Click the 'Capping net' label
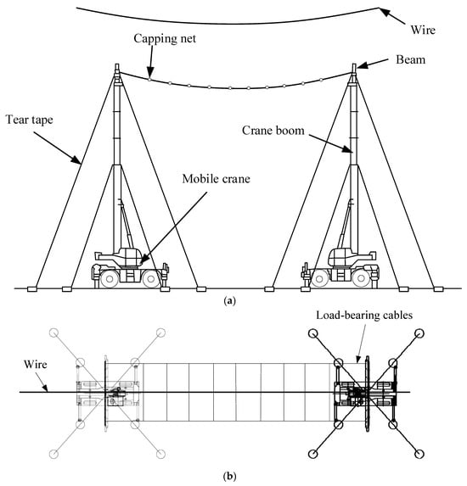(165, 39)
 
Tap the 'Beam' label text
(410, 59)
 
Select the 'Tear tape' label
(30, 120)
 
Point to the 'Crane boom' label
(273, 130)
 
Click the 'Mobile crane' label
(216, 179)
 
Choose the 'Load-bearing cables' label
(364, 316)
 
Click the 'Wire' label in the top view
(36, 364)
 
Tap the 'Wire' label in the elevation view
(423, 30)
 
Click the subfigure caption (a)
(229, 300)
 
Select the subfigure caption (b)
(229, 476)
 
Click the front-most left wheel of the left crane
(109, 279)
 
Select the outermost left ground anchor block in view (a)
(32, 289)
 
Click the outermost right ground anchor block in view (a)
(438, 289)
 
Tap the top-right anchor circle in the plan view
(419, 333)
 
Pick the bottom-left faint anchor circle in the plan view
(54, 455)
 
